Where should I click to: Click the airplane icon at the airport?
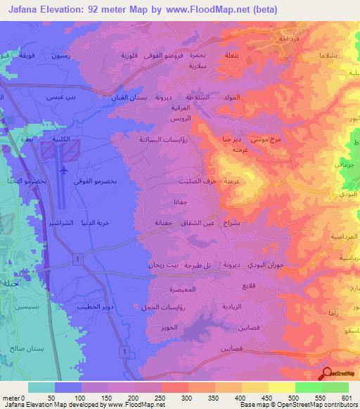coord(65,170)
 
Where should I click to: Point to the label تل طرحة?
coord(198,267)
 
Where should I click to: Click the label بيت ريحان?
coord(161,266)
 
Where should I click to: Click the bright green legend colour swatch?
coord(308,387)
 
